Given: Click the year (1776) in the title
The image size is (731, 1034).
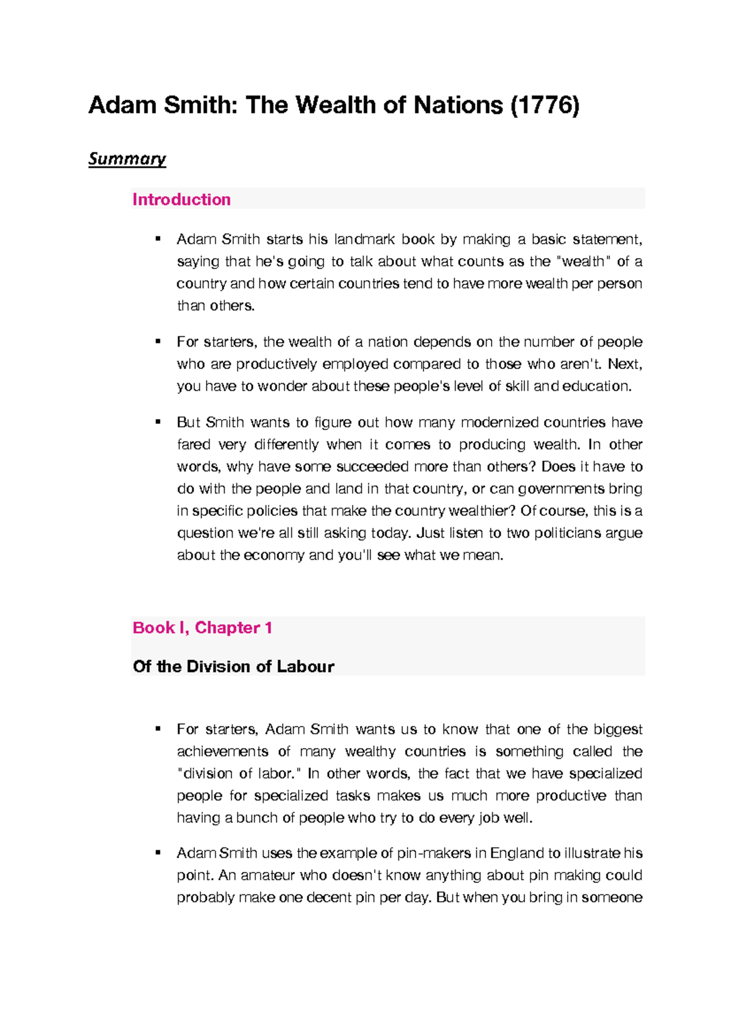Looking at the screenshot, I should pos(545,105).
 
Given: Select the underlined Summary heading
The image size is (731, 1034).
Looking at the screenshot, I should pos(127,159).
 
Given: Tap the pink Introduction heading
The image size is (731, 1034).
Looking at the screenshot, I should pos(182,200).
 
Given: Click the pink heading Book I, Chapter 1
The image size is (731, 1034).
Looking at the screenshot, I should pos(202,628).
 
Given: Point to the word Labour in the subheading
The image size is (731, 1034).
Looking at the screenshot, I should pos(305,666).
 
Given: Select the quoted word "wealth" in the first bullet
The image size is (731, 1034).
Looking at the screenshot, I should pos(584,262).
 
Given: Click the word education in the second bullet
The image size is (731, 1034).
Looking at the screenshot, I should pos(596,386).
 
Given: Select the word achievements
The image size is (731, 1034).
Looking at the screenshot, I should pos(222,751).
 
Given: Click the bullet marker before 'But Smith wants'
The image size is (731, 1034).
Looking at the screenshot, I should pos(158,421).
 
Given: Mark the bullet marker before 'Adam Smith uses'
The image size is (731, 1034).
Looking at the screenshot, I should pos(158,853).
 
